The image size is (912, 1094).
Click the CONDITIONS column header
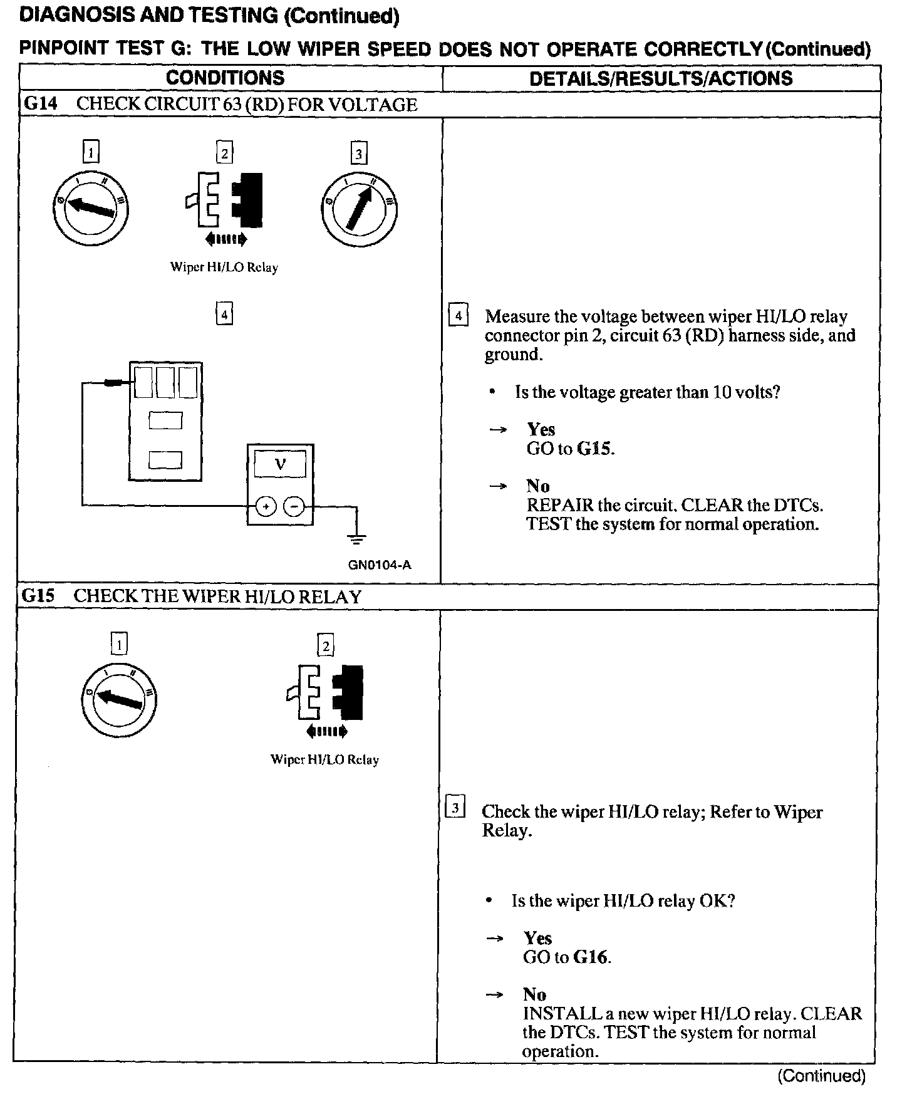click(225, 78)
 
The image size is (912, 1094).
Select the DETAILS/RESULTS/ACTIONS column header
click(661, 78)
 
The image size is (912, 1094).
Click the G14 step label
click(40, 104)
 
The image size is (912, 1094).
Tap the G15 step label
click(38, 596)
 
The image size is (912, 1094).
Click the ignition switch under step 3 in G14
click(359, 207)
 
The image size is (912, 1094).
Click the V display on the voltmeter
click(280, 465)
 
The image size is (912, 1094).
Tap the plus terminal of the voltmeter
click(266, 506)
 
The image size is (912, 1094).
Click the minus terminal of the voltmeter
click(294, 506)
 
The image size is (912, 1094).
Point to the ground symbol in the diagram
click(357, 537)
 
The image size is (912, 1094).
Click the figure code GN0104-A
click(380, 565)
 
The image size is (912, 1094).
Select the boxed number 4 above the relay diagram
click(224, 313)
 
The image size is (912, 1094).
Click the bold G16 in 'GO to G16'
click(592, 957)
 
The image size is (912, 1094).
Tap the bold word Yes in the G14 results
click(541, 429)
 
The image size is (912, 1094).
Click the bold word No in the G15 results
click(535, 994)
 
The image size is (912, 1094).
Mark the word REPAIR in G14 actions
click(560, 505)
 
